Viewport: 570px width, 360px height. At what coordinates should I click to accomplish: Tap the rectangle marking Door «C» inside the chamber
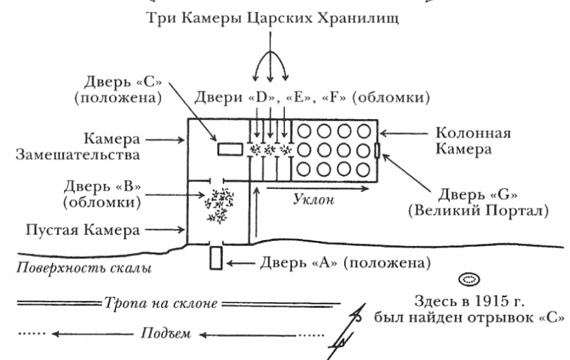230,149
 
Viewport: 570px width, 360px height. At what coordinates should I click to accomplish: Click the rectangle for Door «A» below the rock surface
215,258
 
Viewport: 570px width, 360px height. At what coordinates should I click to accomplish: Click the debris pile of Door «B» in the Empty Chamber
219,205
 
